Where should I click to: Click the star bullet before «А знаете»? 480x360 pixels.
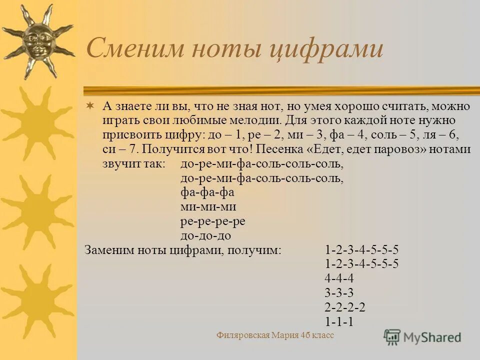click(x=89, y=106)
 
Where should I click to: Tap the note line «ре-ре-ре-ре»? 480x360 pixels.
click(x=212, y=221)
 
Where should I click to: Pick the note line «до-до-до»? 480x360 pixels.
click(x=205, y=235)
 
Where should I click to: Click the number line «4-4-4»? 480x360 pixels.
click(x=339, y=278)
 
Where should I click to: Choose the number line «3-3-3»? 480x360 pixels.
click(x=339, y=293)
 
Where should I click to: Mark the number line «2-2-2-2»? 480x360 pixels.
click(x=345, y=307)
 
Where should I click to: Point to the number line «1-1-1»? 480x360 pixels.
click(x=339, y=322)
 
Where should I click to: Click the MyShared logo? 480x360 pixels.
click(x=422, y=336)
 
